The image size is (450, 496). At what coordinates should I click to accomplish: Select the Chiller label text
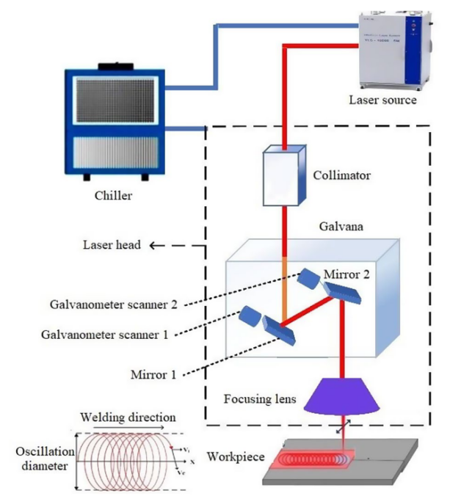pos(113,196)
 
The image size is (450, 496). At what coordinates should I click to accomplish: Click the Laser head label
pos(109,245)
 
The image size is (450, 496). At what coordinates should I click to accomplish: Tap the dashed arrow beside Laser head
pos(175,245)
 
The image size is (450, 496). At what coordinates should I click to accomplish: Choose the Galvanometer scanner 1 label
pos(105,335)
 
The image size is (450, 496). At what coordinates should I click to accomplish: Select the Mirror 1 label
pos(153,374)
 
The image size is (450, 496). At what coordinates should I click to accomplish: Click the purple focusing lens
pos(345,395)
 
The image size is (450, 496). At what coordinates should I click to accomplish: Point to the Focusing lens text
pos(260,400)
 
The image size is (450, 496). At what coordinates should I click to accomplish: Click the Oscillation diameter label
pos(43,459)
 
